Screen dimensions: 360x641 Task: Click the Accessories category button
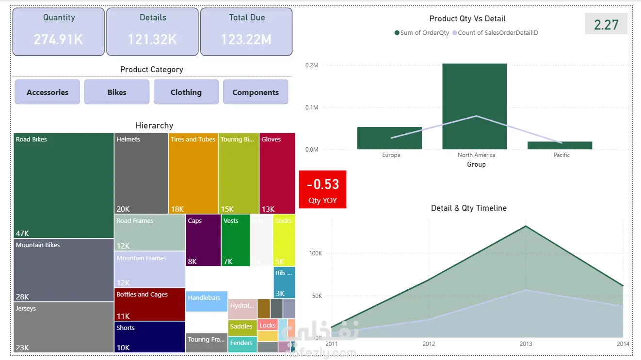(48, 92)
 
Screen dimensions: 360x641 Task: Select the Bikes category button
(117, 92)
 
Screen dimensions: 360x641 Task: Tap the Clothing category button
(186, 92)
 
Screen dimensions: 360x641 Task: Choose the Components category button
(256, 92)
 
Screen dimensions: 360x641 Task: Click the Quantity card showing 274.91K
(58, 31)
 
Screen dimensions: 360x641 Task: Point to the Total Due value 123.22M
(246, 39)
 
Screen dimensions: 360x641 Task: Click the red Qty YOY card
(323, 189)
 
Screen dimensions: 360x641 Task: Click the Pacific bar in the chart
(560, 145)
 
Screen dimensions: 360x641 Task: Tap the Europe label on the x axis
(391, 155)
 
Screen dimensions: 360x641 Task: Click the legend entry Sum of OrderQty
(422, 33)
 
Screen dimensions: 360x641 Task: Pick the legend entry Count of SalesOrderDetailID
(495, 33)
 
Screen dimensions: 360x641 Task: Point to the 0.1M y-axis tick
(312, 108)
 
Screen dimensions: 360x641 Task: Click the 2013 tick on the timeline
(526, 344)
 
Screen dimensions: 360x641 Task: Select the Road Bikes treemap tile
(64, 186)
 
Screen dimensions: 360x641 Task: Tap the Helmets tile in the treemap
(141, 173)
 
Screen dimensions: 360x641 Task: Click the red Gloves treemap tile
(277, 173)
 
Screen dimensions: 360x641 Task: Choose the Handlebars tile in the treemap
(207, 300)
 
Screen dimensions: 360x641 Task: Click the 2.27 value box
(606, 24)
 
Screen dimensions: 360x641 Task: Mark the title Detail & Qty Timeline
(469, 208)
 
